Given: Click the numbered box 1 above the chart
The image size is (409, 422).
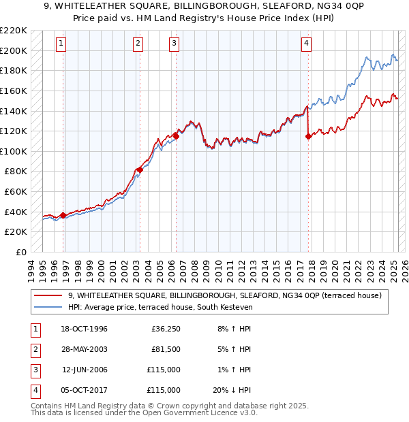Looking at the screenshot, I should coord(61,44).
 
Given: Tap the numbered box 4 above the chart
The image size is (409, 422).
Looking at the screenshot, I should coord(307,44).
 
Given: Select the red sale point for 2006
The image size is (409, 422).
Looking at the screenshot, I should coord(176,136).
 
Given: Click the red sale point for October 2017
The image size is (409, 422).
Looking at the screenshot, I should coord(308,136).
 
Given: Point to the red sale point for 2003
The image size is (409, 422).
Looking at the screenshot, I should coord(140,169).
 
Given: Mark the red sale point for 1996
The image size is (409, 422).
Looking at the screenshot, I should coord(63,215).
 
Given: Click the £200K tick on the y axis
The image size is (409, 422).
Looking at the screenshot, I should coord(14,50).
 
